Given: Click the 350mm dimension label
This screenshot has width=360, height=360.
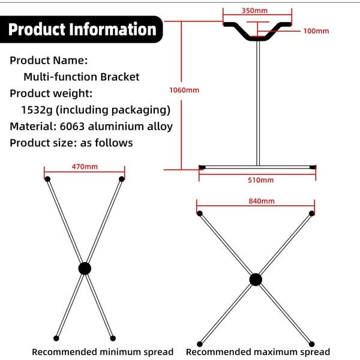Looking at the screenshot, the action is click(x=254, y=11).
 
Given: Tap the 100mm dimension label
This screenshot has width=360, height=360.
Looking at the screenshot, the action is click(x=316, y=31).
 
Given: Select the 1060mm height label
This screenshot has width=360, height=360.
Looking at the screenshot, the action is click(x=184, y=90).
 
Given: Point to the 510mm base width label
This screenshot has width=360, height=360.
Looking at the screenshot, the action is click(x=260, y=180).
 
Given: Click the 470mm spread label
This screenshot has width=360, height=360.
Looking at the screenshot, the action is click(x=85, y=166).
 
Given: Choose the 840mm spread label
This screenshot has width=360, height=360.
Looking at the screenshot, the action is click(x=262, y=201).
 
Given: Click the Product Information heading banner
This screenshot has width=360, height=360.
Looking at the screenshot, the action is click(x=81, y=29).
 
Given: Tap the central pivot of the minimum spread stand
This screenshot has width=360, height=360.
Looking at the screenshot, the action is click(x=85, y=268).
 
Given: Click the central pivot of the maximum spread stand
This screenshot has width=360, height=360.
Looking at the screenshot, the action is click(x=256, y=280).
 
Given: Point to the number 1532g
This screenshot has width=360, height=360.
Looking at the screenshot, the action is click(x=37, y=110).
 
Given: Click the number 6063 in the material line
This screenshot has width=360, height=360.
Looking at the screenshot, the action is click(x=72, y=127).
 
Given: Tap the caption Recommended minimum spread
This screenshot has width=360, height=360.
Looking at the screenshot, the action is click(x=103, y=352).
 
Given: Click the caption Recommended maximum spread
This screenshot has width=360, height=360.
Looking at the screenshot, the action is click(x=258, y=352).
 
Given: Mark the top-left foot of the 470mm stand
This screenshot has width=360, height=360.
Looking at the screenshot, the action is click(x=47, y=179).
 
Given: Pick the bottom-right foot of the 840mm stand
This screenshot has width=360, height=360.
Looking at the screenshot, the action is click(x=311, y=344).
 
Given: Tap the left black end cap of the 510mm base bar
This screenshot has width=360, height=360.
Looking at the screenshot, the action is click(x=202, y=167).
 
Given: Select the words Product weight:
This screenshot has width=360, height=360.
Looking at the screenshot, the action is click(x=51, y=94).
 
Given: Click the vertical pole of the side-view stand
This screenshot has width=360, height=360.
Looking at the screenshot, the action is click(x=258, y=103).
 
